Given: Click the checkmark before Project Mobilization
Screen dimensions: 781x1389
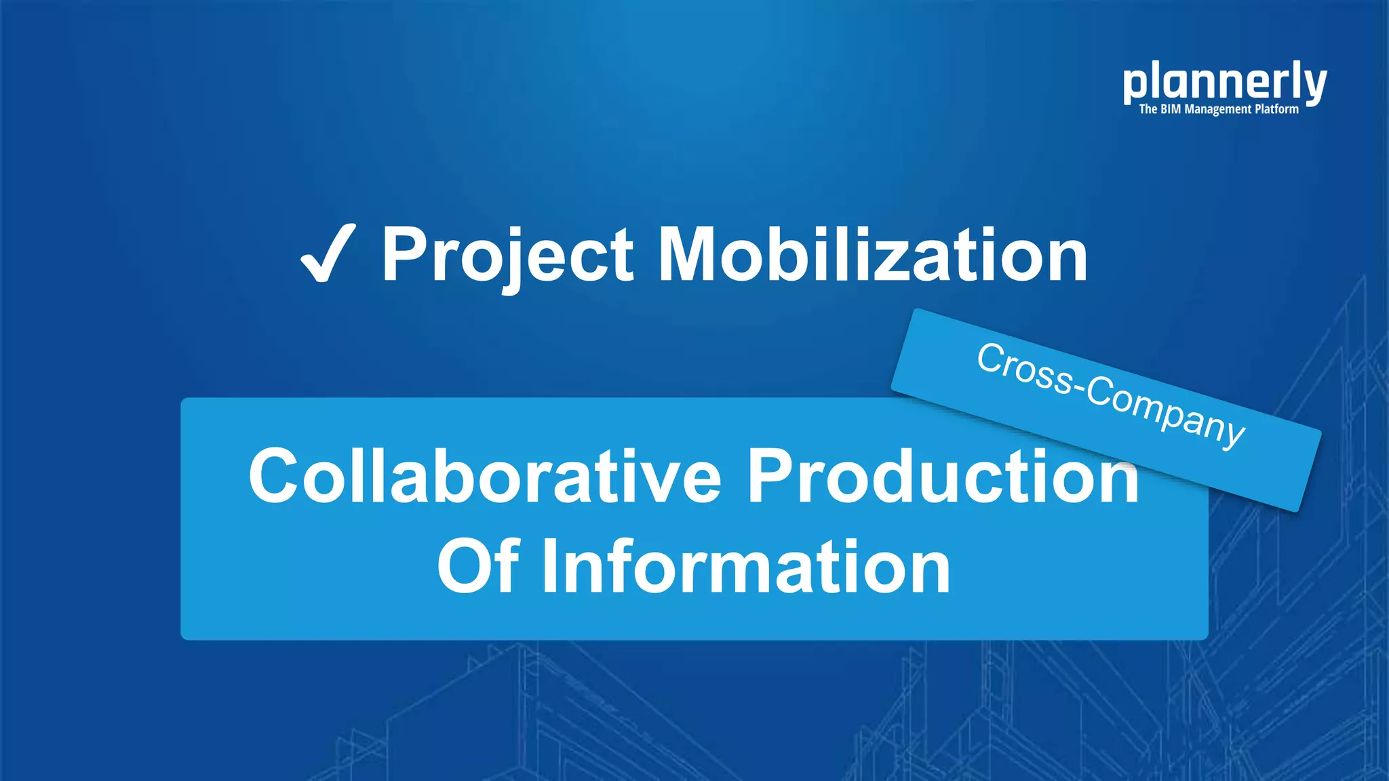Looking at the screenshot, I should point(328,254).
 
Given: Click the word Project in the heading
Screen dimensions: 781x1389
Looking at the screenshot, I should point(507,256).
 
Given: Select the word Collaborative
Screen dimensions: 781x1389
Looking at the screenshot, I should point(485,476).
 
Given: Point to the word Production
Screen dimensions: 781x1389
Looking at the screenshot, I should point(943,476).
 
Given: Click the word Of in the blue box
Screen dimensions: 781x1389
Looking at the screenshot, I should point(478,566).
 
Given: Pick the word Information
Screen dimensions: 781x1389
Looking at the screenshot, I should point(746,566).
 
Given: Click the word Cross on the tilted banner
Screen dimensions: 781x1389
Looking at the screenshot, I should point(1024,370).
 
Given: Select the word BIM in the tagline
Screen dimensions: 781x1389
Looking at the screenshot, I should point(1171,109).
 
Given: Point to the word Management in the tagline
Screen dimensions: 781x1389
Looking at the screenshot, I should point(1217,109).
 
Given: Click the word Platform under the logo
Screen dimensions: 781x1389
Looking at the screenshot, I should point(1276,109).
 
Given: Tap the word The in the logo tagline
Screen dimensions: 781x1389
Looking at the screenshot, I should point(1148,109).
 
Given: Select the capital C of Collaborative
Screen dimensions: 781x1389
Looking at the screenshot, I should point(274,476).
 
